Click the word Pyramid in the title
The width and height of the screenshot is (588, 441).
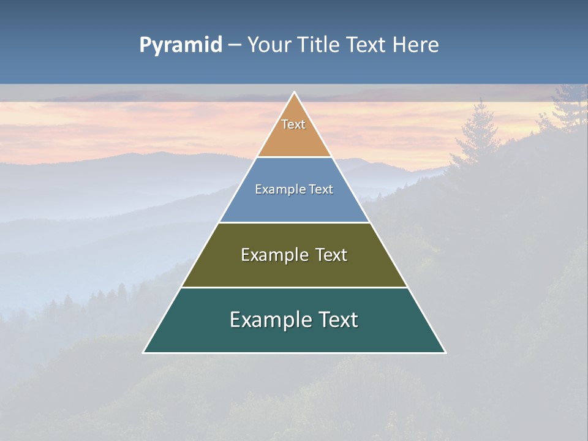coord(181,45)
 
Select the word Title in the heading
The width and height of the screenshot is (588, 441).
coord(319,45)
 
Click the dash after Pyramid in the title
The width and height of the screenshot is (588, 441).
coord(234,45)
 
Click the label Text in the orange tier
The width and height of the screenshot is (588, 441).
coord(293,124)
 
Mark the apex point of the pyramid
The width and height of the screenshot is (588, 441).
coord(295,93)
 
